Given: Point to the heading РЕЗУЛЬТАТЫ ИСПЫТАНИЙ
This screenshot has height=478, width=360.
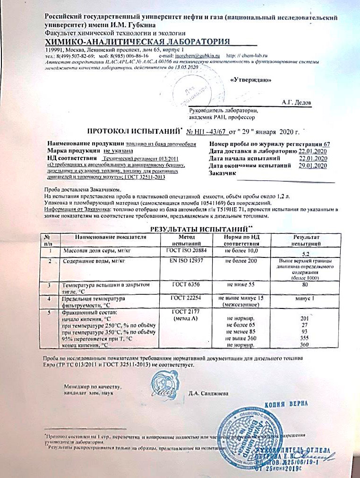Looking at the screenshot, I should click(x=187, y=229).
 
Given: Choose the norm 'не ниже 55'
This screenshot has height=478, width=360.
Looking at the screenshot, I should click(x=242, y=285).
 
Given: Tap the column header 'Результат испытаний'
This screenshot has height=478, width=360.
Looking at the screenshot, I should click(x=306, y=239).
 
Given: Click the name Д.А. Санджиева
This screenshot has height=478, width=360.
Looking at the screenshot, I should click(x=208, y=393).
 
